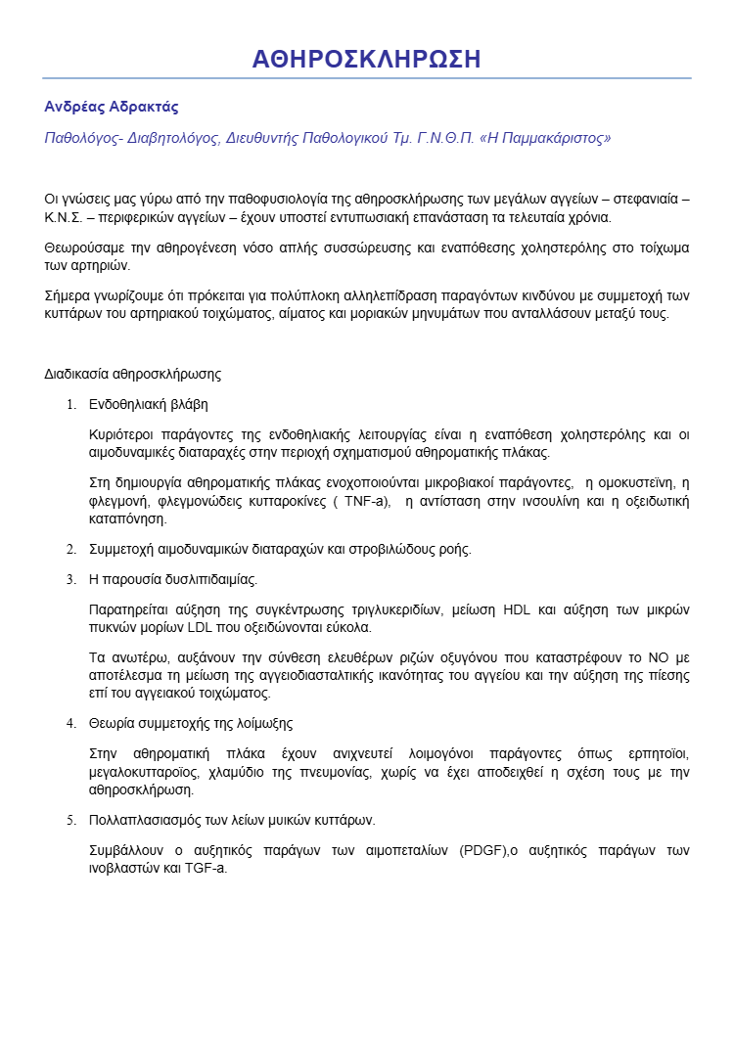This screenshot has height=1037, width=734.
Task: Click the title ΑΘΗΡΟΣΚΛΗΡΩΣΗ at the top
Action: (366, 59)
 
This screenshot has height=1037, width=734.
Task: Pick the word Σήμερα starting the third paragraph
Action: (69, 295)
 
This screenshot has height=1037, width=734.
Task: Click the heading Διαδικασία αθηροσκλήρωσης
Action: (132, 373)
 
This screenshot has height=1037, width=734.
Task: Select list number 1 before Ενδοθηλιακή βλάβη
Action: (69, 404)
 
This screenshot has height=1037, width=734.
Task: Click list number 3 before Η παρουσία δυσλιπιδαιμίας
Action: (69, 579)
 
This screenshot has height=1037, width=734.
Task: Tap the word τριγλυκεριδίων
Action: (393, 609)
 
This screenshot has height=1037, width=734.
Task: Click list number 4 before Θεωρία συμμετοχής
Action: (69, 723)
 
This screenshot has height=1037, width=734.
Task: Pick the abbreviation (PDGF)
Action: (481, 849)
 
